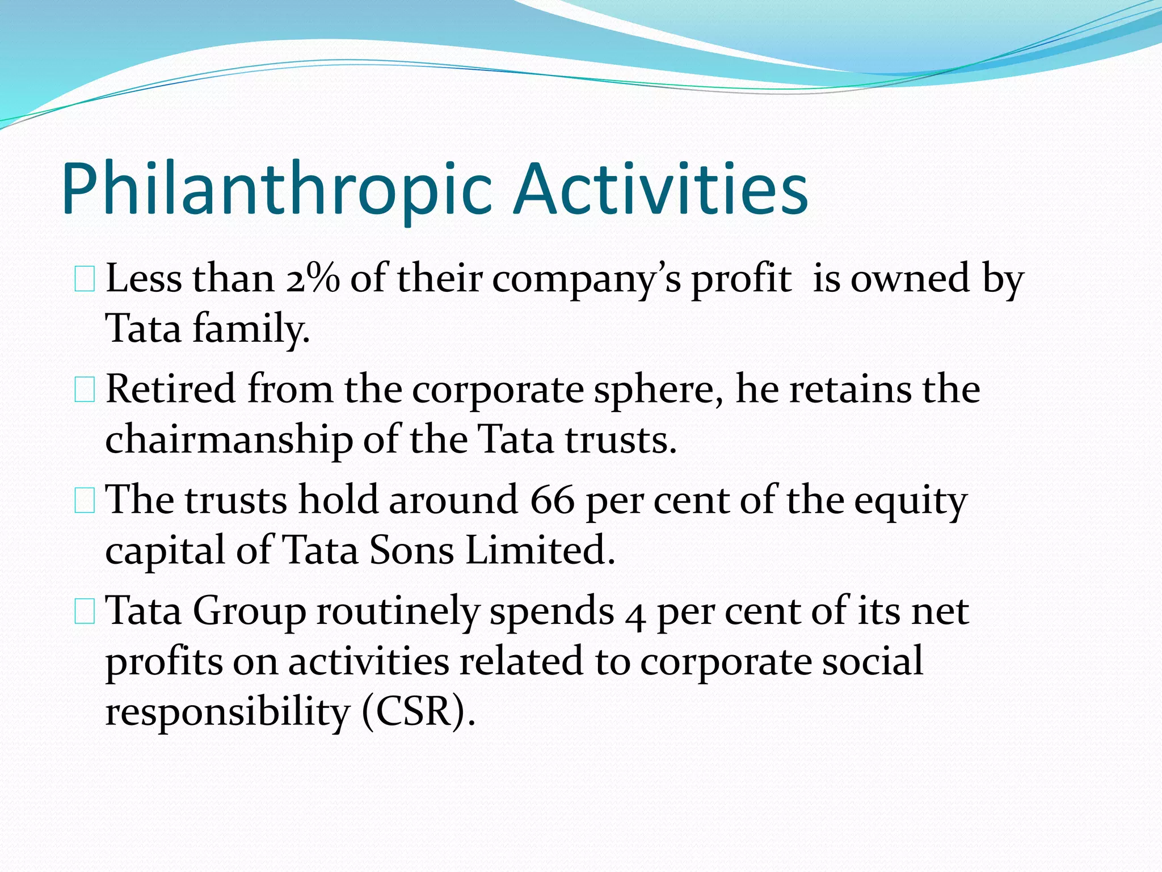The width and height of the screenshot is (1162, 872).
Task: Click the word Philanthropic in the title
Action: (x=276, y=190)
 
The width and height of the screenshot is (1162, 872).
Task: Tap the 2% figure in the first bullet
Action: (x=313, y=279)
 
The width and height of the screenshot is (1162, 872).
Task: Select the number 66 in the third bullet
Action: (x=552, y=501)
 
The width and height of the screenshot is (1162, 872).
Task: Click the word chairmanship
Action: (x=229, y=441)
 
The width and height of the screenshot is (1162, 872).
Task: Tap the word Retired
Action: (x=170, y=390)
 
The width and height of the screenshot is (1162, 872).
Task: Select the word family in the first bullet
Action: (x=251, y=329)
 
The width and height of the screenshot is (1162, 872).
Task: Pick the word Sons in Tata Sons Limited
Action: (x=412, y=551)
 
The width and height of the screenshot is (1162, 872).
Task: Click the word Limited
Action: (x=540, y=551)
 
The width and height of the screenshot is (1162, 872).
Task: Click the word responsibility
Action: (x=227, y=713)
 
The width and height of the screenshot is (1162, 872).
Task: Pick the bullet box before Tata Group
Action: (x=85, y=613)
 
